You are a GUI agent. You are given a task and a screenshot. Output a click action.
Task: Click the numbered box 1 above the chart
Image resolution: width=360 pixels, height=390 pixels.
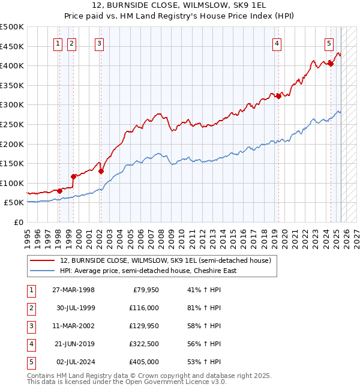point(58,43)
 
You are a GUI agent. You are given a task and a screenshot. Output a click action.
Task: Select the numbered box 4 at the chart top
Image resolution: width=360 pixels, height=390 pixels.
point(277,43)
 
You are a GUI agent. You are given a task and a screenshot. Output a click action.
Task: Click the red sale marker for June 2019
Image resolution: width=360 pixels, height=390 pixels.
point(278,96)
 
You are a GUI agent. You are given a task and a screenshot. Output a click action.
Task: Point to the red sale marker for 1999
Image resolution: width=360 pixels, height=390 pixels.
point(73,176)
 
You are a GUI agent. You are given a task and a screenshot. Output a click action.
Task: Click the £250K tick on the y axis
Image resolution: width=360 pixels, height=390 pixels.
point(12,124)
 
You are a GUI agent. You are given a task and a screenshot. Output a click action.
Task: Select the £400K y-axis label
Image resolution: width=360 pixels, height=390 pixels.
point(12,65)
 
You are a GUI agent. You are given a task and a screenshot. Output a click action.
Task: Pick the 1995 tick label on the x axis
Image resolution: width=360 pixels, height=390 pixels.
point(28,236)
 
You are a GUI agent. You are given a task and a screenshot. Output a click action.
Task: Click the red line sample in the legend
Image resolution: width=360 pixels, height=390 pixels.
point(41,260)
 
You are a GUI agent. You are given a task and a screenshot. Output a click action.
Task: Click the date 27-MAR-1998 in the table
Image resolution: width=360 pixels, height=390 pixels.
point(73,290)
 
